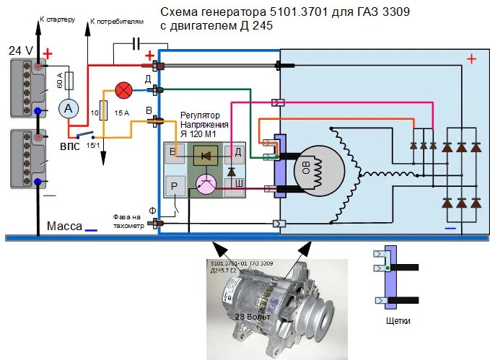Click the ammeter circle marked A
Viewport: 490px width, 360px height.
pyautogui.click(x=69, y=108)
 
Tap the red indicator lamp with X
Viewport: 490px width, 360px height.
pyautogui.click(x=124, y=90)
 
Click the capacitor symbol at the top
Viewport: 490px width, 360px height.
pyautogui.click(x=136, y=45)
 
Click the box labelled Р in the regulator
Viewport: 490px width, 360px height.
pyautogui.click(x=175, y=185)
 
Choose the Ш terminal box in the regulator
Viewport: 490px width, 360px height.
pyautogui.click(x=237, y=184)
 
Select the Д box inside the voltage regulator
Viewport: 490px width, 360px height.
pyautogui.click(x=237, y=152)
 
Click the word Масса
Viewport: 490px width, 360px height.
pyautogui.click(x=65, y=226)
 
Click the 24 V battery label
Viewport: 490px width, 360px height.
pyautogui.click(x=21, y=51)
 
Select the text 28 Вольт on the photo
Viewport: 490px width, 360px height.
pyautogui.click(x=252, y=317)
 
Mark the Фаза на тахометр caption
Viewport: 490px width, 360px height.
pyautogui.click(x=130, y=219)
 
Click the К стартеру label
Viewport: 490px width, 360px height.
pyautogui.click(x=57, y=18)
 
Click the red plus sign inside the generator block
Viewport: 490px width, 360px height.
pyautogui.click(x=471, y=58)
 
